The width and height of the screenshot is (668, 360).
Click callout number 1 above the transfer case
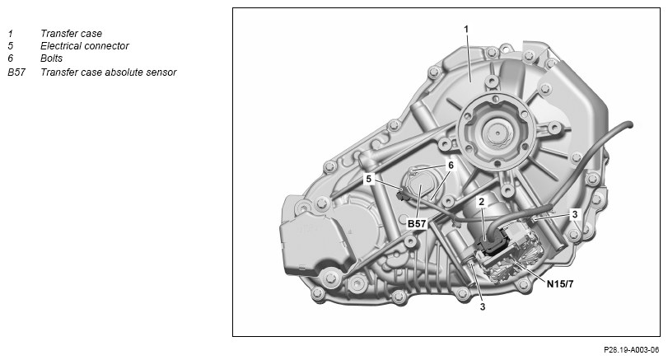[x=466, y=29]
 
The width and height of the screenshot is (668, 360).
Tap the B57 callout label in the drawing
[x=417, y=223]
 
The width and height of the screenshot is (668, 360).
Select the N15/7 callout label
[x=560, y=283]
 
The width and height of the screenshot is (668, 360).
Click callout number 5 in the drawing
[x=369, y=179]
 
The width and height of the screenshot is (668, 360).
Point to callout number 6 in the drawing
[x=451, y=165]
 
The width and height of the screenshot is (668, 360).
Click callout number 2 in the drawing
[x=481, y=202]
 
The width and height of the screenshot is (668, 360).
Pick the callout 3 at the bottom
[x=483, y=306]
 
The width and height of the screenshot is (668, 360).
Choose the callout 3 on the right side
[x=575, y=214]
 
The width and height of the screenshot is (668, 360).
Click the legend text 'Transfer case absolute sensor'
[x=108, y=72]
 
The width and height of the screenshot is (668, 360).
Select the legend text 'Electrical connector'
[x=84, y=46]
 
